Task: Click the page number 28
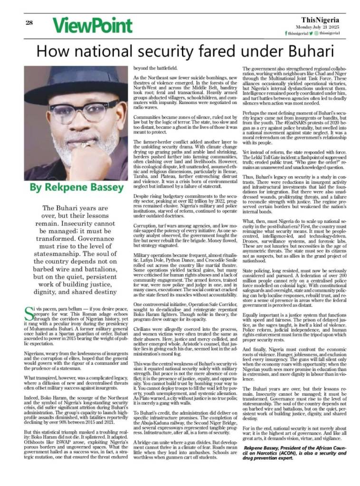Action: (29, 22)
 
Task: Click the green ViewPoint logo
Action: (92, 25)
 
